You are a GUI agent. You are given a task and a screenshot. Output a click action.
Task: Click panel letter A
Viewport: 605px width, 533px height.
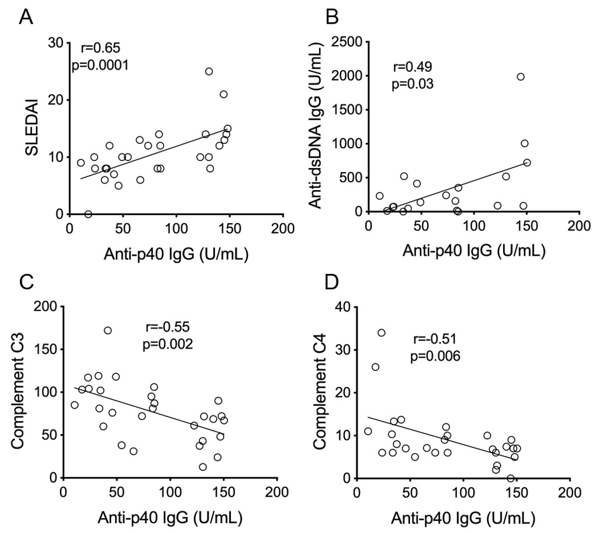coord(26,18)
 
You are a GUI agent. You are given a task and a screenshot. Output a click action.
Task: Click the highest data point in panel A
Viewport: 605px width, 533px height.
coord(209,72)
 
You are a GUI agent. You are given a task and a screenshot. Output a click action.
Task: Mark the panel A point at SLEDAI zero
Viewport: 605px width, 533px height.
coord(88,214)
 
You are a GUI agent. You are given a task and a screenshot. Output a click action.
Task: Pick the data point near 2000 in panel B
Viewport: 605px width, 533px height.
coord(521,77)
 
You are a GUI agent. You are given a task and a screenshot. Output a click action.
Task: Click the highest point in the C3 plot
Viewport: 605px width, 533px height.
coord(108,331)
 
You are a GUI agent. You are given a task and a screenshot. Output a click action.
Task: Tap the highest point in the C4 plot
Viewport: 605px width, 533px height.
coord(381,333)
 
